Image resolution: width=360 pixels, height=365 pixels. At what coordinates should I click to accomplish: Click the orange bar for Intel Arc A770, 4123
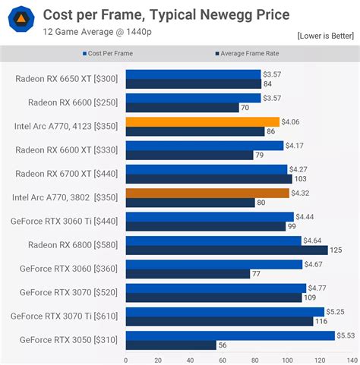[202, 121]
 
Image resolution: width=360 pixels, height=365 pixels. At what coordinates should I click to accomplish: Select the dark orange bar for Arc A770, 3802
[207, 193]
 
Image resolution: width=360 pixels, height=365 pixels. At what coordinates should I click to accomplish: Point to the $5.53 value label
[346, 335]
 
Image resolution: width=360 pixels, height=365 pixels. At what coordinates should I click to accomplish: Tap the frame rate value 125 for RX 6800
[336, 250]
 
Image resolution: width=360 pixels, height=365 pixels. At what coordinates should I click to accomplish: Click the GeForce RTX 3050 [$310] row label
[68, 339]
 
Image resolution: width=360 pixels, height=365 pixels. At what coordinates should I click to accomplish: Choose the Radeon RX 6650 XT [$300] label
[67, 79]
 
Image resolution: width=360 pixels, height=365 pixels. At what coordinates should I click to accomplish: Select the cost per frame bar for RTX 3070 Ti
[224, 311]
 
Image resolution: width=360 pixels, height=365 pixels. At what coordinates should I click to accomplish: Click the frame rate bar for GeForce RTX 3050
[171, 345]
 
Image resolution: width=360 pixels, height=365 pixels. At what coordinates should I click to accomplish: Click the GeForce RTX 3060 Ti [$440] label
[63, 221]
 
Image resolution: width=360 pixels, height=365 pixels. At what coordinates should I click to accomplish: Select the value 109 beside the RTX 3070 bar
[310, 297]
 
